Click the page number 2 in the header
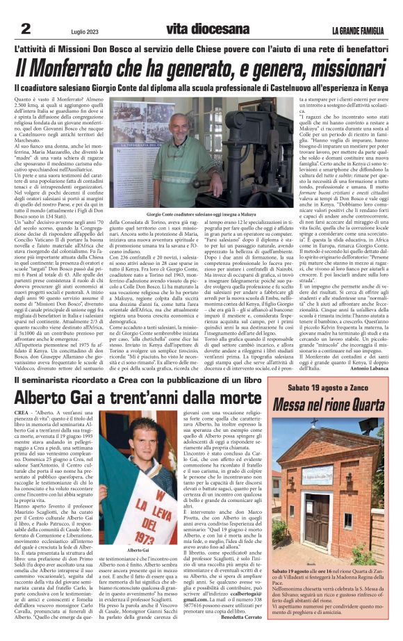26,28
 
